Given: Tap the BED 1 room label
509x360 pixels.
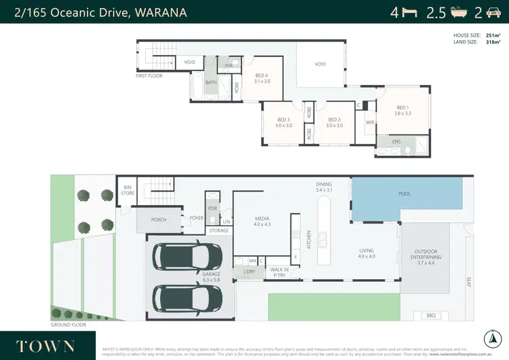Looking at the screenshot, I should pyautogui.click(x=402, y=107).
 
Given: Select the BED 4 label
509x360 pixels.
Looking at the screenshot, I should pyautogui.click(x=262, y=75).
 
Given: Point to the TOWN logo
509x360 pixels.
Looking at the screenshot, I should pyautogui.click(x=45, y=345).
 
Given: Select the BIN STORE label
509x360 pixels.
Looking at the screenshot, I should pyautogui.click(x=127, y=191).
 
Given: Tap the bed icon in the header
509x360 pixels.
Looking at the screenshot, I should pyautogui.click(x=410, y=12).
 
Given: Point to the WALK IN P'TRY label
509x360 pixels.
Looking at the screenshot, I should pyautogui.click(x=278, y=272).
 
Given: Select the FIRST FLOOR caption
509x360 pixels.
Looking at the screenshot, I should pyautogui.click(x=151, y=77).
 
